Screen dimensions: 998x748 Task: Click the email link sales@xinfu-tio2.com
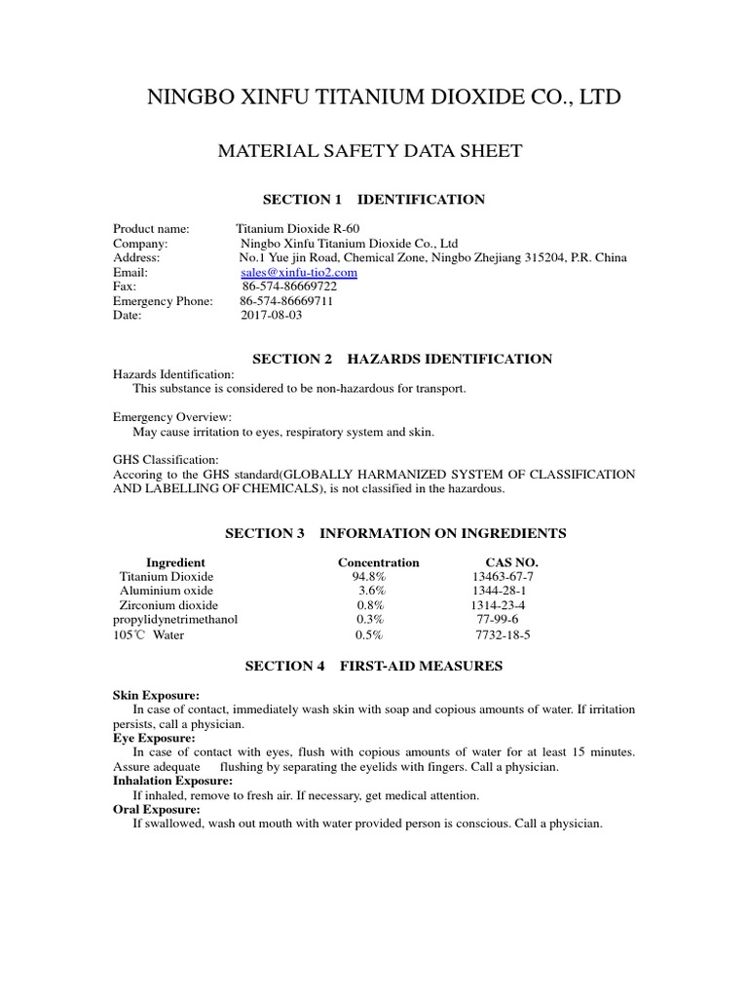(x=298, y=273)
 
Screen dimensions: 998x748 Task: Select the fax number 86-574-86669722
(x=289, y=288)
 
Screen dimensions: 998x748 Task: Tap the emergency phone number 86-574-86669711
(x=286, y=302)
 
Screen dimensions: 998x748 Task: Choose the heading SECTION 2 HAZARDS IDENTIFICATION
(x=402, y=360)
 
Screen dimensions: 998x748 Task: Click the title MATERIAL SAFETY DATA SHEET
(x=369, y=151)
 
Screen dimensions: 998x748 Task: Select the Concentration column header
(x=378, y=562)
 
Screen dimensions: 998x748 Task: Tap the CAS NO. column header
(x=511, y=562)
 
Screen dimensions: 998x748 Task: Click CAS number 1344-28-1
(x=500, y=591)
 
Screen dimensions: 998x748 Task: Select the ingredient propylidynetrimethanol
(x=175, y=619)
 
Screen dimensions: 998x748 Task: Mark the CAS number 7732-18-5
(x=503, y=634)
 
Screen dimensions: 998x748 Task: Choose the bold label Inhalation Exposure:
(x=172, y=781)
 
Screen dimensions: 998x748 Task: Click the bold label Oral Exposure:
(x=157, y=809)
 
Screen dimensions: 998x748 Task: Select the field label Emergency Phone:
(x=163, y=302)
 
